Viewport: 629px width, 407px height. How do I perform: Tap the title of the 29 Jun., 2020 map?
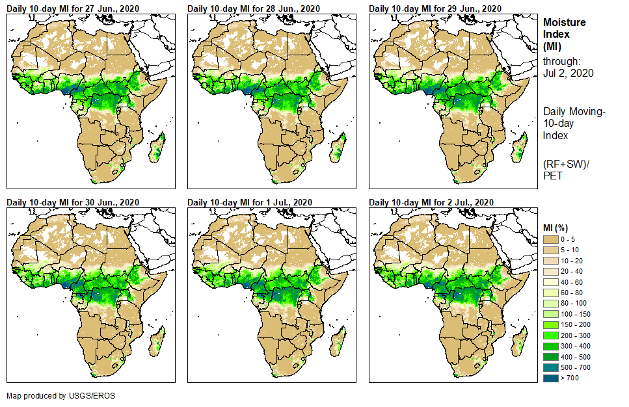coord(435,8)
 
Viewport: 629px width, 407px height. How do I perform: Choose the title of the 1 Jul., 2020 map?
coord(250,202)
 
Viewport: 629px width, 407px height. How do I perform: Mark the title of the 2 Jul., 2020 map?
coord(432,202)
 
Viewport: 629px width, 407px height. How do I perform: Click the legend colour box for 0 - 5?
coord(550,240)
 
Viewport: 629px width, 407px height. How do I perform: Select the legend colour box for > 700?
coord(550,378)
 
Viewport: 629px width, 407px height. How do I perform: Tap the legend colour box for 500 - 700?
coord(550,367)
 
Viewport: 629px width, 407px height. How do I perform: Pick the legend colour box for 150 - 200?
coord(550,325)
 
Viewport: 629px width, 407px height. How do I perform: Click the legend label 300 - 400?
coord(575,346)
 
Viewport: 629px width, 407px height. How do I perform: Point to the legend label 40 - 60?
coord(573,282)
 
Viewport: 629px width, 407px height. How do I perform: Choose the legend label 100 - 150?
coord(575,314)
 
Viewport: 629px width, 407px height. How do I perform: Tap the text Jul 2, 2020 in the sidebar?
coord(569,73)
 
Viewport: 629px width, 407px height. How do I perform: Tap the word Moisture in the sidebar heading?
coord(564,22)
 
